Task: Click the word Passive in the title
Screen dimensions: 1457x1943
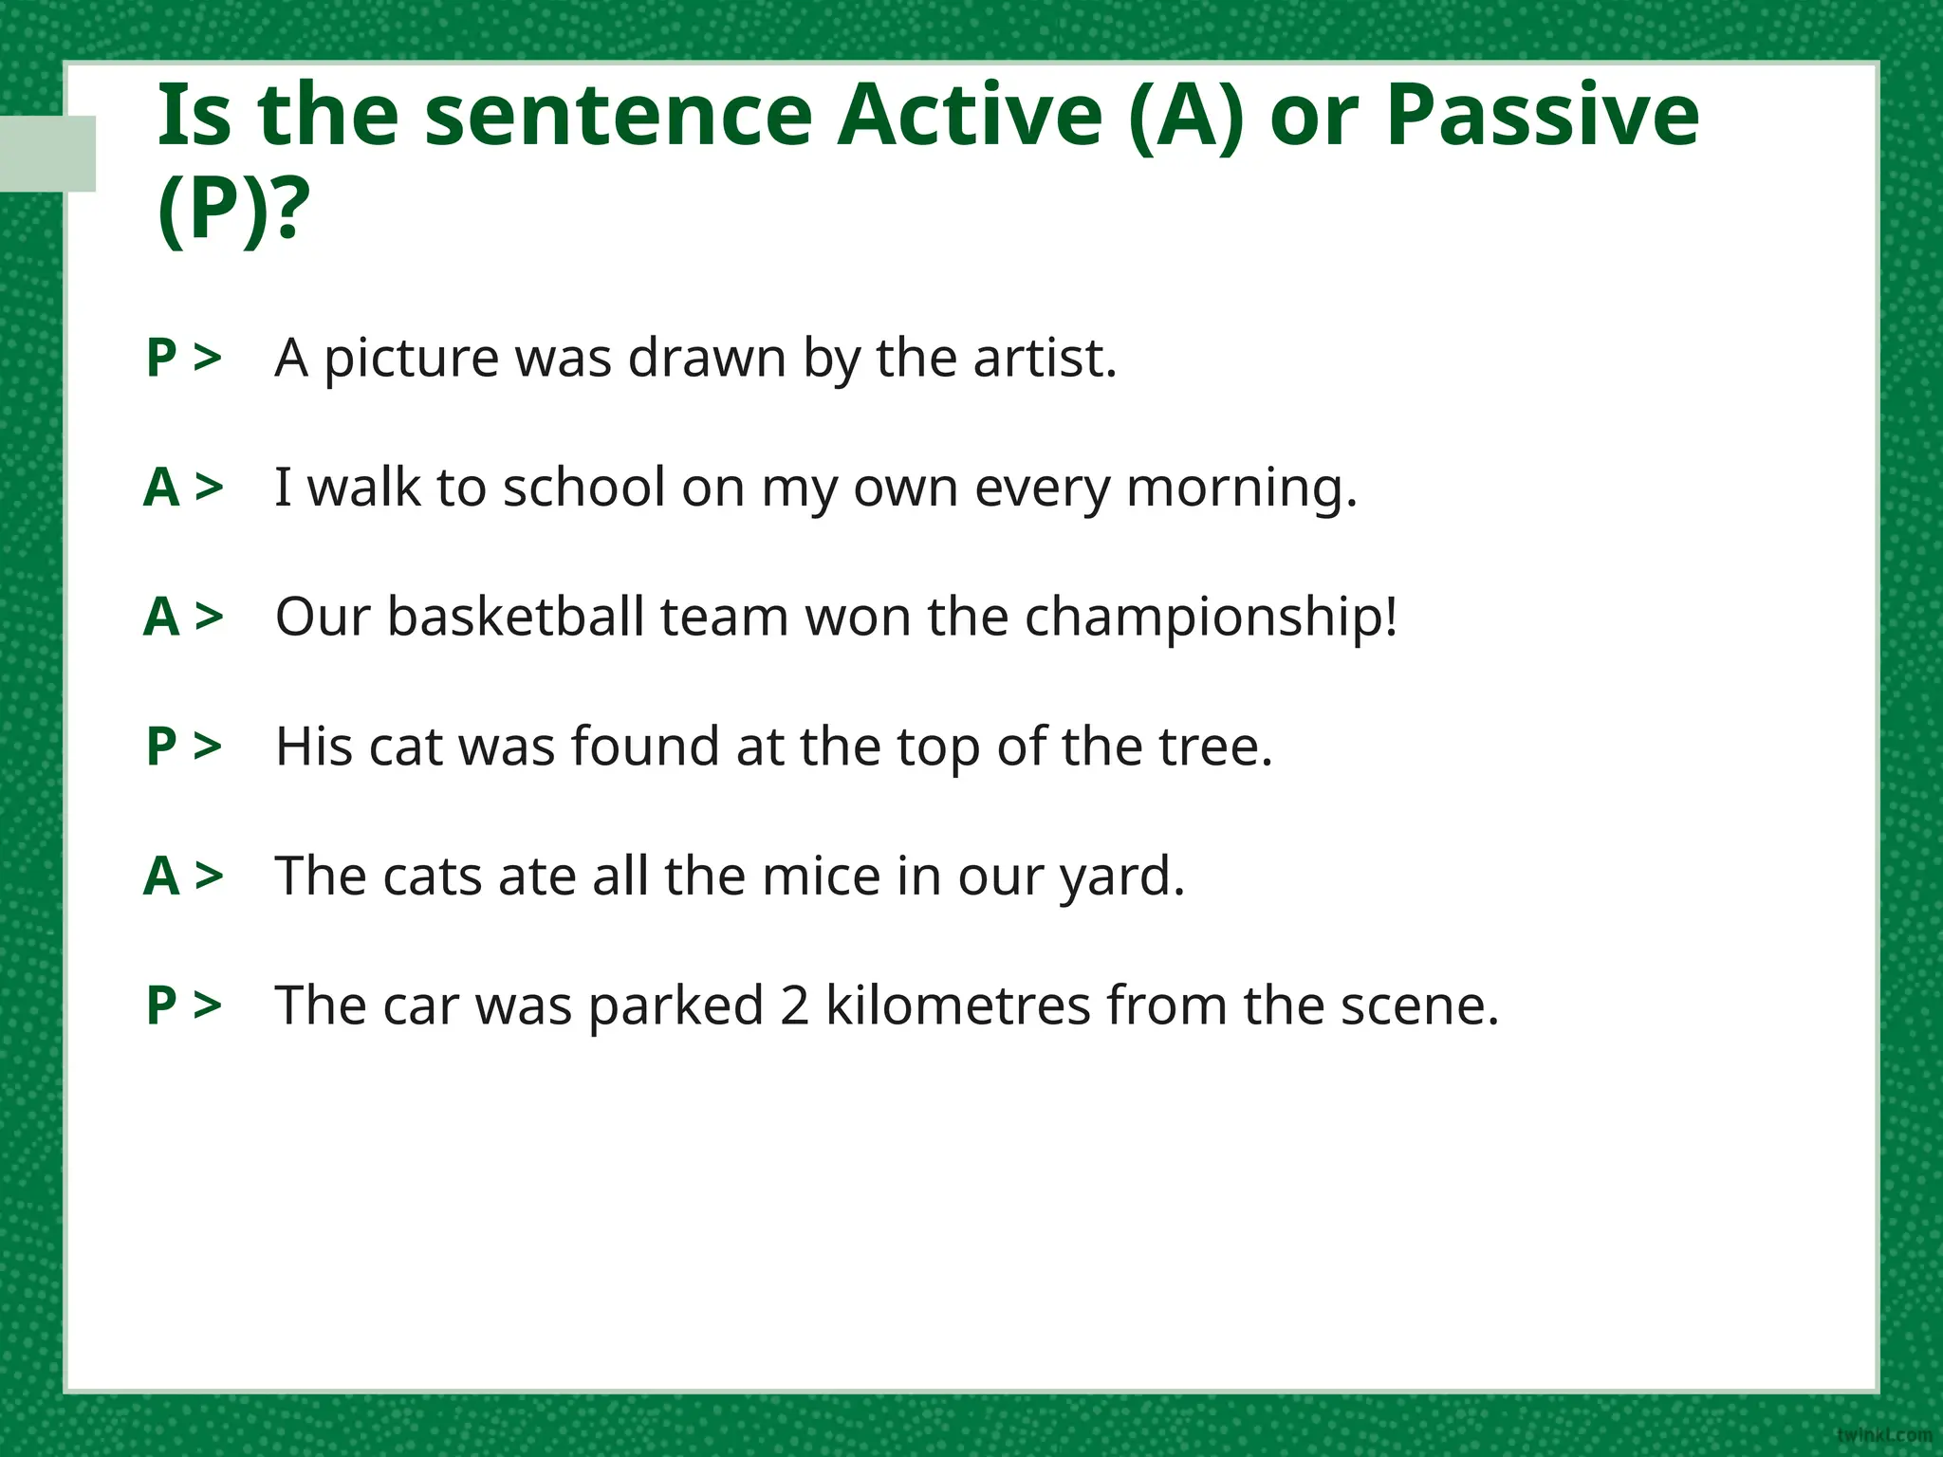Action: point(1543,116)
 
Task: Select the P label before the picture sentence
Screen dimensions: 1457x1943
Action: point(162,358)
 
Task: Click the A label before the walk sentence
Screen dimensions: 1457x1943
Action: point(162,488)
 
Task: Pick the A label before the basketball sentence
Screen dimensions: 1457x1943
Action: point(162,617)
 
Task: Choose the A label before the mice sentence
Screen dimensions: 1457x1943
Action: point(162,876)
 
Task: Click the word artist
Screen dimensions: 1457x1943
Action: point(1044,358)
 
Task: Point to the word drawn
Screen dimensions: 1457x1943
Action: point(707,358)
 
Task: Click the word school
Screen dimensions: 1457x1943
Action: point(583,488)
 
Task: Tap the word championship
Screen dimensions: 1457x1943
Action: point(1211,618)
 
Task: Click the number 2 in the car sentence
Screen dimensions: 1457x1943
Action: point(794,1005)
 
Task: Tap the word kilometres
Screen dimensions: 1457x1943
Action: point(957,1005)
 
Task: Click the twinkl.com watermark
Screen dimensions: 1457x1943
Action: point(1883,1435)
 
